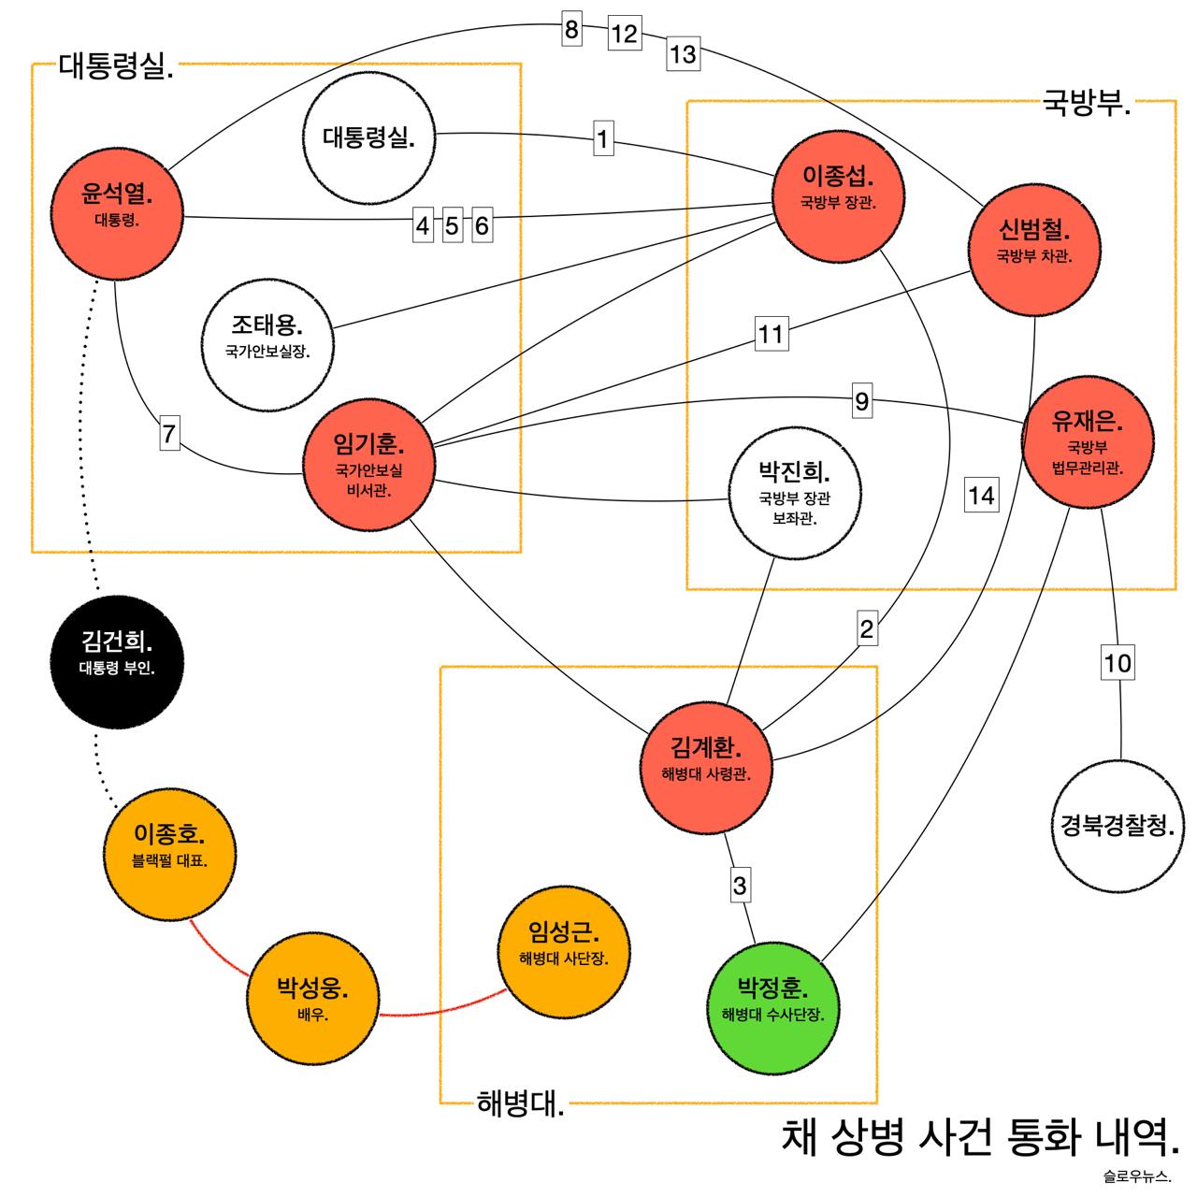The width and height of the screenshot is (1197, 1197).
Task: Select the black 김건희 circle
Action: (x=117, y=654)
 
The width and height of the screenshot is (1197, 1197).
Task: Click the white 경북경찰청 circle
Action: (x=1118, y=826)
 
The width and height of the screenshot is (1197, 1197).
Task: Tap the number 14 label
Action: (x=981, y=494)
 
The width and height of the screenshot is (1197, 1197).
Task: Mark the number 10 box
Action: (x=1118, y=664)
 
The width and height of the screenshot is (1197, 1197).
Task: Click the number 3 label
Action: (x=741, y=885)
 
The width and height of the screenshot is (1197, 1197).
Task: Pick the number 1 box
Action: (x=603, y=140)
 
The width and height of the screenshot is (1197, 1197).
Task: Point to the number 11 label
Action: (x=771, y=334)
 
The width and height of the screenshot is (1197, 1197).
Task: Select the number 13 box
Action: (x=683, y=54)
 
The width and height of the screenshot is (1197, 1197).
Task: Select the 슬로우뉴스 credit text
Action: (x=1136, y=1175)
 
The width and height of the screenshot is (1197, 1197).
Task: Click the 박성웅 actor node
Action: (x=312, y=998)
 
